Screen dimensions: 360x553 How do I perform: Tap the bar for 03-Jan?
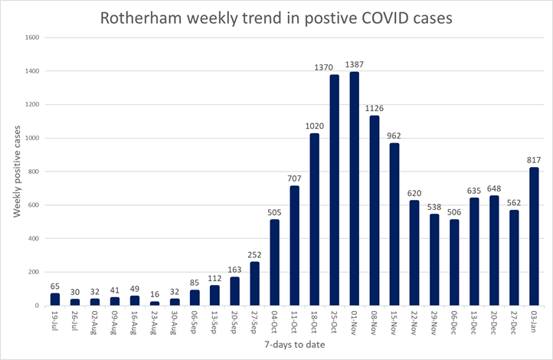tap(534, 237)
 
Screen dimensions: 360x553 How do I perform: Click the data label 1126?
tap(375, 108)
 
